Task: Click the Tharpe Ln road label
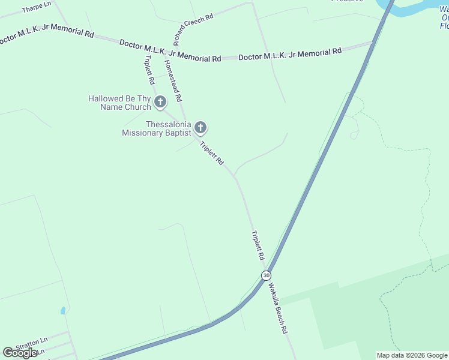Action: pyautogui.click(x=36, y=7)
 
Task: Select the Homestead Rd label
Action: pyautogui.click(x=173, y=80)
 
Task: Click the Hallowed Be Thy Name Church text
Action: pyautogui.click(x=119, y=103)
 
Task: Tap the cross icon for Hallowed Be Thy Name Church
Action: pyautogui.click(x=160, y=102)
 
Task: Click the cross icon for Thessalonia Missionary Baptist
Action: pyautogui.click(x=200, y=128)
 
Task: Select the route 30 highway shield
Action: pyautogui.click(x=266, y=275)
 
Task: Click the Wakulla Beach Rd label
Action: pyautogui.click(x=278, y=309)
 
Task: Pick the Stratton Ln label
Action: pyautogui.click(x=31, y=346)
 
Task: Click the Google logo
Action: pyautogui.click(x=20, y=353)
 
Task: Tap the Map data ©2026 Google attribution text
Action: pyautogui.click(x=412, y=355)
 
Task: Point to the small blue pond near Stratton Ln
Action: pyautogui.click(x=63, y=311)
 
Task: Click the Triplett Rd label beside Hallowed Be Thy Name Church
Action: pyautogui.click(x=149, y=70)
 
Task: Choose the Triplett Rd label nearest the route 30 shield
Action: pyautogui.click(x=258, y=245)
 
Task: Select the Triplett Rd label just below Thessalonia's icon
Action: pyautogui.click(x=211, y=153)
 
